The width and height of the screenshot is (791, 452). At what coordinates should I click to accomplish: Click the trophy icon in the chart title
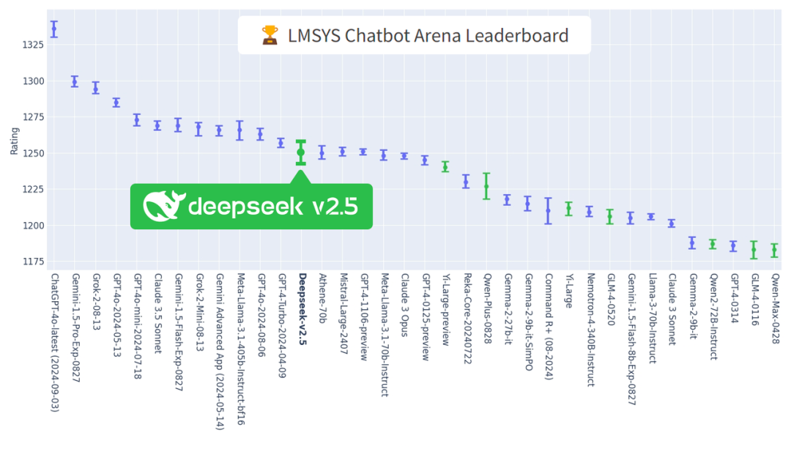coord(270,34)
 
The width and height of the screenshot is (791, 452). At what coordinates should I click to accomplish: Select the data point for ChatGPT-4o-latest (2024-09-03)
coord(53,29)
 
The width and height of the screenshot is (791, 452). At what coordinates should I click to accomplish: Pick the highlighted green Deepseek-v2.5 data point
coord(301,152)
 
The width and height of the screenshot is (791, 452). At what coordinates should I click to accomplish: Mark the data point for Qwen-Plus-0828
coord(486,186)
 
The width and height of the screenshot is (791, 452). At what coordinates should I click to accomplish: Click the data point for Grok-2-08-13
coord(95,88)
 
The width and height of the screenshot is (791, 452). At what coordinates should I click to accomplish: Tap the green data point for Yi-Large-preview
coord(445,166)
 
